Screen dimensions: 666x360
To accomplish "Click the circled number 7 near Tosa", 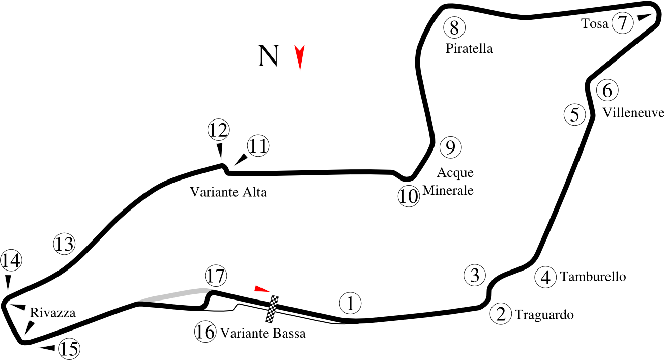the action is click(623, 22).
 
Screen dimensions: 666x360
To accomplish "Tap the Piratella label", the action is click(469, 48).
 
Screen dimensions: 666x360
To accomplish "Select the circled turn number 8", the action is click(454, 27).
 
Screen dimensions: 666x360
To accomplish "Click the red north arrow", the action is click(299, 57).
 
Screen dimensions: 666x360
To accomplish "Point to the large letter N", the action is click(268, 56).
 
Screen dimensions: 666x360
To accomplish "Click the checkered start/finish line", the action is click(272, 309).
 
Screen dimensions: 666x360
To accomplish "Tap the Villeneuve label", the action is click(633, 113).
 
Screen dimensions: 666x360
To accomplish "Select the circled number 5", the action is click(575, 114).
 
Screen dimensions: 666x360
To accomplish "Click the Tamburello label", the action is click(593, 277).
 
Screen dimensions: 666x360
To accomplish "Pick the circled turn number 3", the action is click(475, 275).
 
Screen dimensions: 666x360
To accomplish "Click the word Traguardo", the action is click(544, 315).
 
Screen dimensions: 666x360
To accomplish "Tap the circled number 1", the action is click(350, 303).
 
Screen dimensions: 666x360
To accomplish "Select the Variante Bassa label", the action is click(263, 333).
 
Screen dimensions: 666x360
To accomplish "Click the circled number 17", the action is click(216, 276).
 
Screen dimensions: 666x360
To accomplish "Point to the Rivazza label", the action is click(52, 313).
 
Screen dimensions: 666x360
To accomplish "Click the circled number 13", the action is click(64, 244).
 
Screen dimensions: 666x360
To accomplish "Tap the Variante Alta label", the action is click(228, 192).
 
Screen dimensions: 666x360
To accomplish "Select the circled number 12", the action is click(219, 130).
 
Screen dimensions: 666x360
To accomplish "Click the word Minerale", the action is click(448, 190).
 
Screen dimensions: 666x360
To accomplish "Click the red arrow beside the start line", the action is click(262, 288).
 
